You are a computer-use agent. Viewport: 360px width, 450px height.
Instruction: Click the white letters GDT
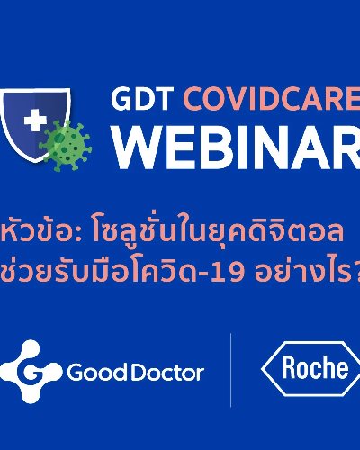(x=143, y=99)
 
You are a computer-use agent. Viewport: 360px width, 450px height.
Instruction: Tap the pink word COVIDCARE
(x=272, y=99)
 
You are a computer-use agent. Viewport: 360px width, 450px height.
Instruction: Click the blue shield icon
(x=34, y=124)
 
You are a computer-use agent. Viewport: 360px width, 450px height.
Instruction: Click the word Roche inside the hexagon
(x=315, y=367)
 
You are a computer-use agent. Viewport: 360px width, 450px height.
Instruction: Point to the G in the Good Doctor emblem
(x=31, y=372)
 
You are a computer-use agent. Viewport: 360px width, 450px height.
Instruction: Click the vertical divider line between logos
(x=230, y=370)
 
